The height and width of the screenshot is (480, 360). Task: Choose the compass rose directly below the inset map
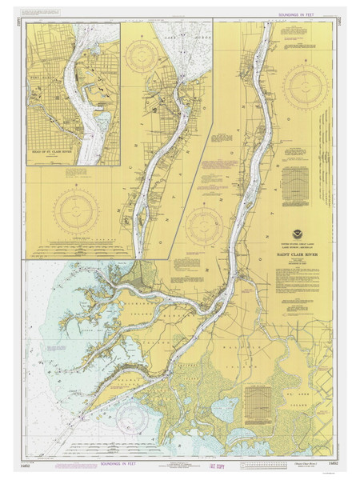tap(76, 211)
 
